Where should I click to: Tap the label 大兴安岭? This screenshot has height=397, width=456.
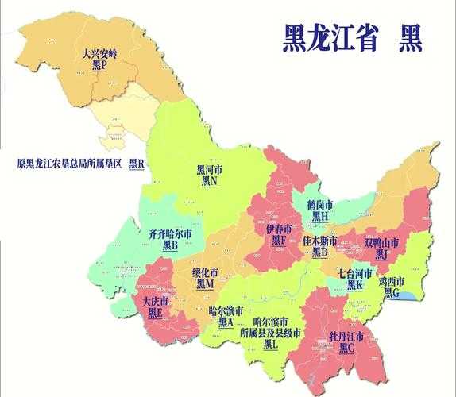[x=99, y=55]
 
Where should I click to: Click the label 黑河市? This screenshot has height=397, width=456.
[x=210, y=169]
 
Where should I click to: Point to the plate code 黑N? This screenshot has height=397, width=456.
[x=210, y=181]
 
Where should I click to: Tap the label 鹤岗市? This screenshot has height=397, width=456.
[x=320, y=204]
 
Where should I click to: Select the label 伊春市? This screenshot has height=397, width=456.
[x=278, y=228]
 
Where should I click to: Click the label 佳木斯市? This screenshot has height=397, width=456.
[x=320, y=240]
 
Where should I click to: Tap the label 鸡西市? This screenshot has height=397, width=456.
[x=392, y=281]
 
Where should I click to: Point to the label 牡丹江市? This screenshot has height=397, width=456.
[x=346, y=337]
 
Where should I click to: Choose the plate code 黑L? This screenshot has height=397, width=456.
[x=270, y=345]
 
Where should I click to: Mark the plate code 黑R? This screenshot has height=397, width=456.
[x=137, y=164]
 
